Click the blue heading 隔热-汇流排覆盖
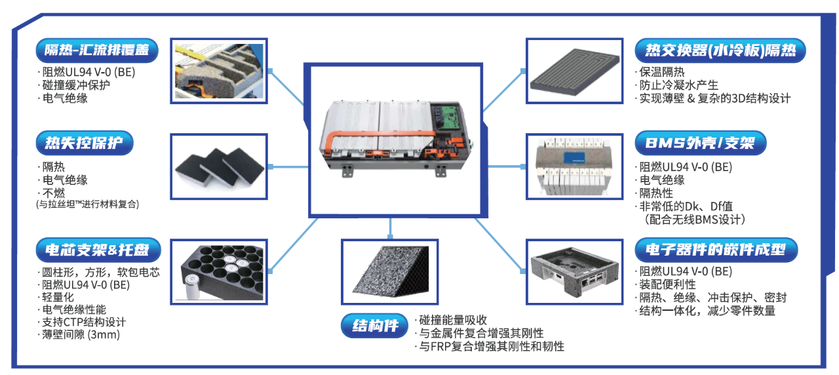(x=96, y=50)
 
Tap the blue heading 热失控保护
(x=85, y=143)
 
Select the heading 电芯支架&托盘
(x=98, y=250)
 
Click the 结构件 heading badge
(x=374, y=326)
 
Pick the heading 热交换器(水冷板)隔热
(x=720, y=50)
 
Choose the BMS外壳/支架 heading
(x=701, y=143)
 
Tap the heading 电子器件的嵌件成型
(x=716, y=250)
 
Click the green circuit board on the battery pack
(x=450, y=115)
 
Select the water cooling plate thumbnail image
(x=575, y=71)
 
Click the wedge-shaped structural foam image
(x=390, y=271)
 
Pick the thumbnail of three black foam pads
(x=219, y=167)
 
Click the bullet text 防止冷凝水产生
(x=678, y=85)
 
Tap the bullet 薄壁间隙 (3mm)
(x=81, y=334)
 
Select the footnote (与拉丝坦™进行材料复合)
(x=88, y=204)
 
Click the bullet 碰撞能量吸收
(x=453, y=320)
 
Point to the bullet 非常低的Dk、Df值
(x=686, y=206)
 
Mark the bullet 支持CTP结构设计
(x=84, y=322)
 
